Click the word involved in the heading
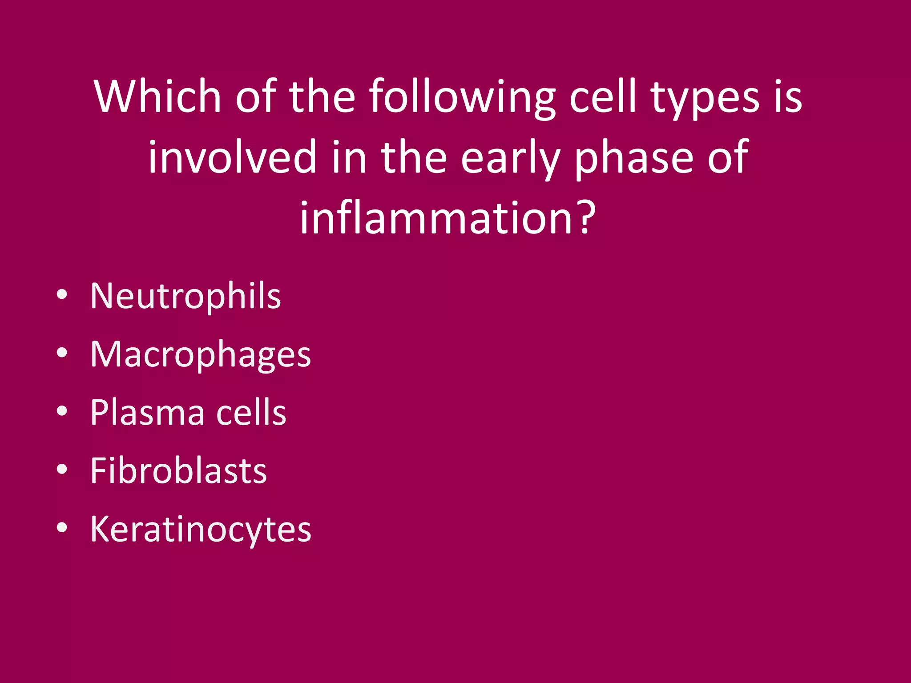pos(231,157)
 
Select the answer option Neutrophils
pos(185,297)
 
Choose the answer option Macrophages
pos(200,355)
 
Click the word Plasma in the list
pos(147,413)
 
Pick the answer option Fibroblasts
pos(178,471)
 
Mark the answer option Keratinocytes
pos(201,530)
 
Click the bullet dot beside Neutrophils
pos(62,295)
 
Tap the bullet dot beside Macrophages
pos(62,353)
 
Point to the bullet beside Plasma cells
pos(62,411)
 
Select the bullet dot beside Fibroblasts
pos(62,470)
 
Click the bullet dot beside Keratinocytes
pos(62,528)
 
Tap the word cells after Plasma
pos(251,413)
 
